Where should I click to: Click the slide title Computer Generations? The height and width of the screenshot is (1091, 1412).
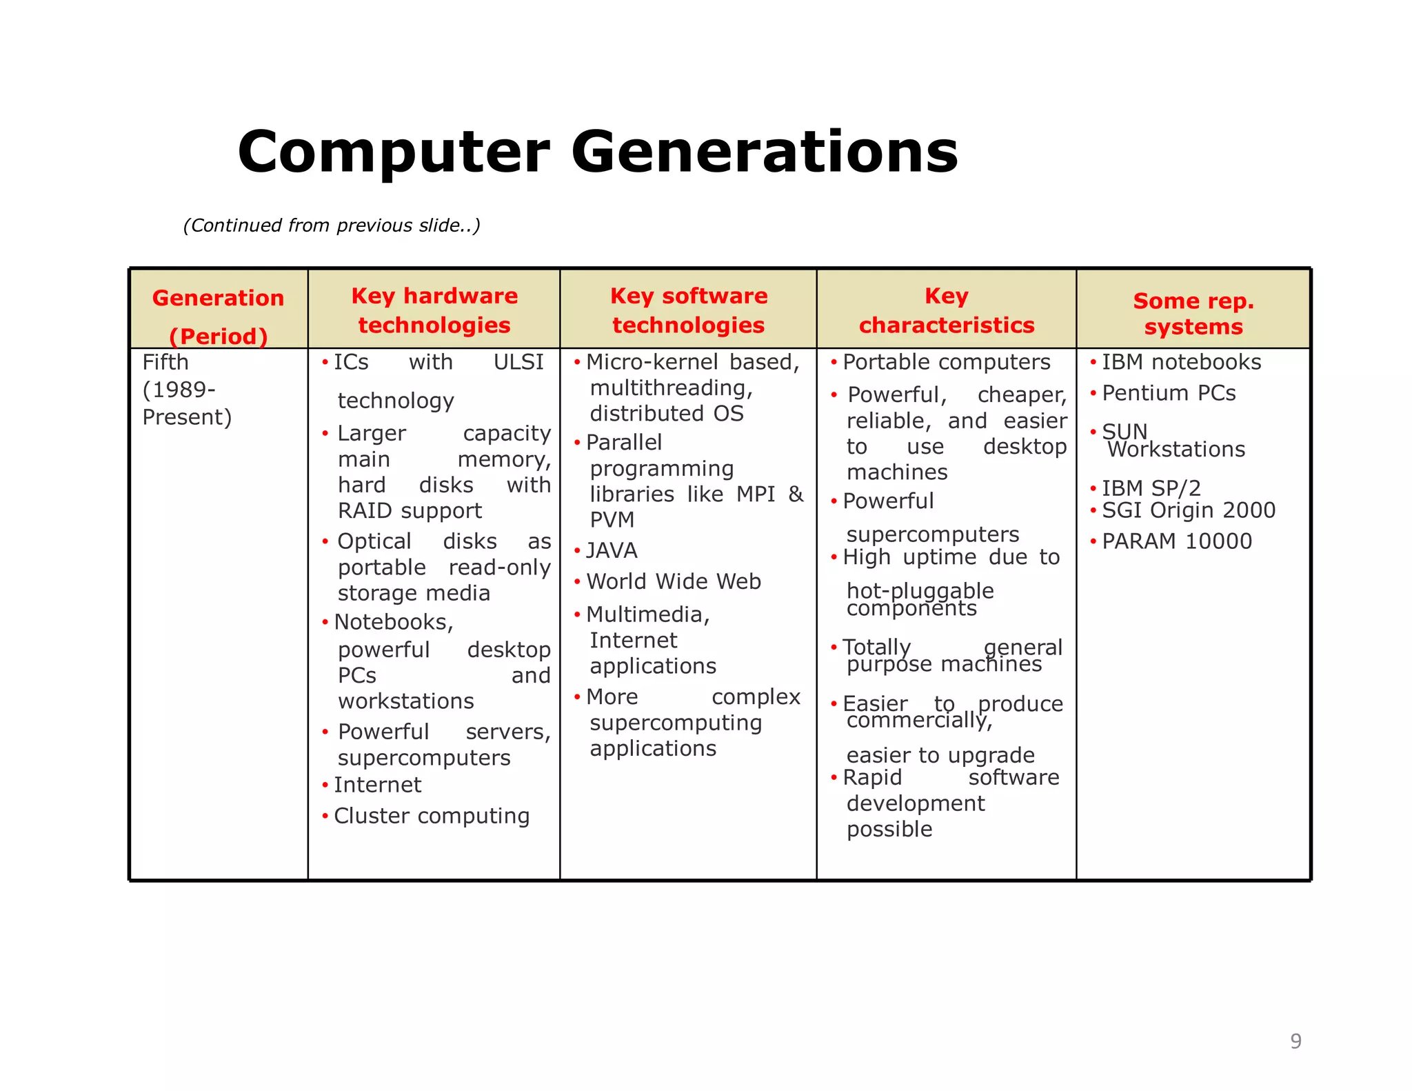tap(597, 152)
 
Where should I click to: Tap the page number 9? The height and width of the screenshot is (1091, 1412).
tap(1295, 1041)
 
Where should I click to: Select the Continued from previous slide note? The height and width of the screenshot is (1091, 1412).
tap(332, 226)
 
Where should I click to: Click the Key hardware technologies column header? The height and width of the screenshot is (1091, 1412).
tap(434, 310)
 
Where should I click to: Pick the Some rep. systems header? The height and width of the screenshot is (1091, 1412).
tap(1193, 313)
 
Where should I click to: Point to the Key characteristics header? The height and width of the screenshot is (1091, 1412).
tap(946, 310)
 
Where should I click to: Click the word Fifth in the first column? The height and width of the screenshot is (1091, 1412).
tap(165, 362)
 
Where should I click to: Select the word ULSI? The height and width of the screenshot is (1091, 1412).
tap(518, 362)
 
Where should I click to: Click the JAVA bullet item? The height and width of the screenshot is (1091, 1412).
tap(612, 550)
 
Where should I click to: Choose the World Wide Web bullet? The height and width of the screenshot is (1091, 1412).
tap(674, 581)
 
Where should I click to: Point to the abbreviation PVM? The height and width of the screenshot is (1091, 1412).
tap(612, 520)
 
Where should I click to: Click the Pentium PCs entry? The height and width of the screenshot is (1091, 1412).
tap(1169, 393)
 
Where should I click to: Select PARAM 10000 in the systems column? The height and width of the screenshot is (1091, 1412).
tap(1177, 541)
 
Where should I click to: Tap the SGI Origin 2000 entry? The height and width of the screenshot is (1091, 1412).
tap(1189, 510)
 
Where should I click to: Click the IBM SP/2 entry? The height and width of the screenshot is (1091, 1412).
tap(1151, 488)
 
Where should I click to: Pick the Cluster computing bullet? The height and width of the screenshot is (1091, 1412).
tap(432, 816)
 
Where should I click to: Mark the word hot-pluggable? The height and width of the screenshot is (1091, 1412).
tap(920, 590)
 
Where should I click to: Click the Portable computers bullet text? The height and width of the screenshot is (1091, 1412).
tap(947, 362)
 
